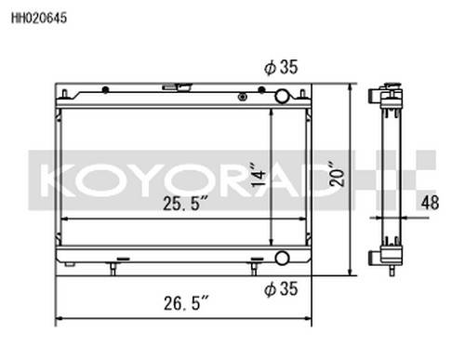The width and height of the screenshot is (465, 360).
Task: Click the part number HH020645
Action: pyautogui.click(x=39, y=18)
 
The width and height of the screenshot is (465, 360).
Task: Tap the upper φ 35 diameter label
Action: pyautogui.click(x=281, y=67)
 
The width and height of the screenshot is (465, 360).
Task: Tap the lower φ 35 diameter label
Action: pyautogui.click(x=281, y=288)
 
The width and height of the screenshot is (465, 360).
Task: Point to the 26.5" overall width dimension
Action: pyautogui.click(x=187, y=303)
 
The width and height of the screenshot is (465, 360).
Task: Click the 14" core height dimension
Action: pyautogui.click(x=259, y=174)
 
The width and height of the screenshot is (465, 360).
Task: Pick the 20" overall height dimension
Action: pyautogui.click(x=337, y=173)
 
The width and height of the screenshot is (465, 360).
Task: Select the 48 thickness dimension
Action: pyautogui.click(x=430, y=203)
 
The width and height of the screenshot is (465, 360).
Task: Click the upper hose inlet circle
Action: pyautogui.click(x=282, y=96)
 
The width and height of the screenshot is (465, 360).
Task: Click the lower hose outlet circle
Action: pyautogui.click(x=282, y=258)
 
